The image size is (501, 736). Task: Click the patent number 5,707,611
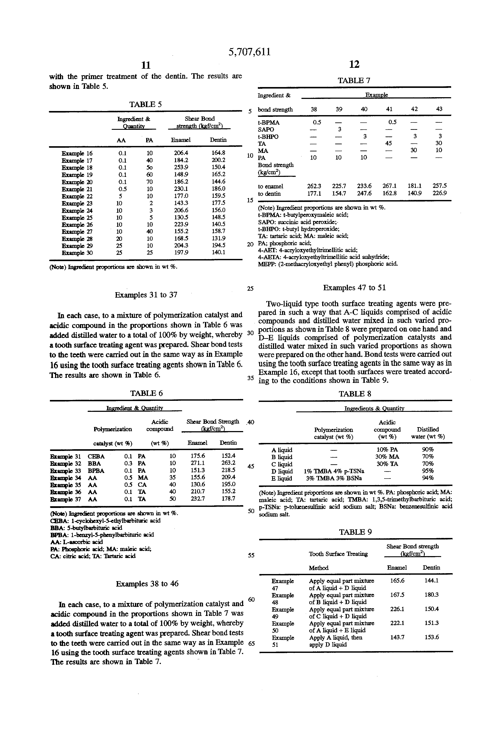tap(250, 52)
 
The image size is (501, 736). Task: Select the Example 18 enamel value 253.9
tap(181, 168)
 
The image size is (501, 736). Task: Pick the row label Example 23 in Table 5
tap(77, 203)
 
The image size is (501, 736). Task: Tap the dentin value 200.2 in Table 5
tap(219, 160)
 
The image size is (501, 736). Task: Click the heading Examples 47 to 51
tap(354, 288)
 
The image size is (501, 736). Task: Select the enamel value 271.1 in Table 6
tap(197, 463)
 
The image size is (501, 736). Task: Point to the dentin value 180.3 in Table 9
tap(431, 595)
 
